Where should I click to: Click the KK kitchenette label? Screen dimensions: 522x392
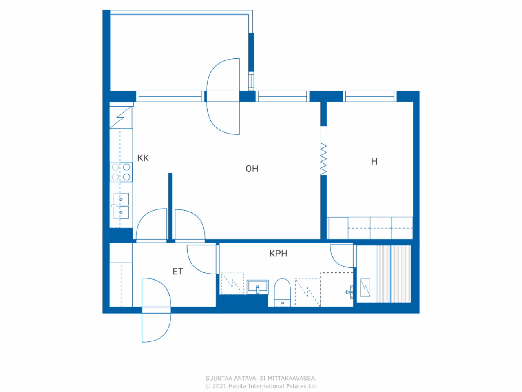(143, 158)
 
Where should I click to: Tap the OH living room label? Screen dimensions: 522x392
(252, 169)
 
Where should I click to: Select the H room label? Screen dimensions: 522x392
(374, 161)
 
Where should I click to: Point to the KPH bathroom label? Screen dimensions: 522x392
(278, 254)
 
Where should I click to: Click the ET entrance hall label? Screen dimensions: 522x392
(178, 271)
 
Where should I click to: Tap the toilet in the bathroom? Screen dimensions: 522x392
(282, 292)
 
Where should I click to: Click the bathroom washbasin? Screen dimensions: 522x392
(258, 287)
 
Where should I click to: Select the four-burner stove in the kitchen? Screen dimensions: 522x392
(121, 172)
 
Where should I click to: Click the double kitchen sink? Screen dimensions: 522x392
(121, 206)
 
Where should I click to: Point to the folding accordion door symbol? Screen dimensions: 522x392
(323, 159)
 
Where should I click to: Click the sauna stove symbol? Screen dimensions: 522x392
(365, 287)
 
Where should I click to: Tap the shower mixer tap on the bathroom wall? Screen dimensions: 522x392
(349, 292)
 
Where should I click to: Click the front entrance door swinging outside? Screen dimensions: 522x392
(157, 328)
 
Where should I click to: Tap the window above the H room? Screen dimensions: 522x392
(369, 96)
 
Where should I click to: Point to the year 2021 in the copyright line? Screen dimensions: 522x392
(219, 386)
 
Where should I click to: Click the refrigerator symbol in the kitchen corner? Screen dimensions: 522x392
(121, 117)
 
